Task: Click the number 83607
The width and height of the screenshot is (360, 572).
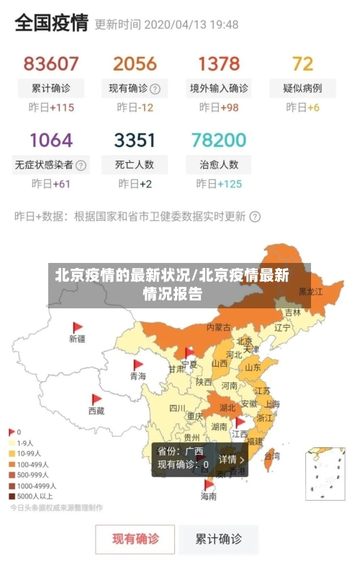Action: (x=50, y=64)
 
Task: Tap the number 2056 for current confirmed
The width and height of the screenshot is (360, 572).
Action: (x=135, y=64)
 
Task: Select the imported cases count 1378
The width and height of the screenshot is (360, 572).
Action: (x=219, y=64)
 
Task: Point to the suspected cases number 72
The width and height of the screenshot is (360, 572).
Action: (x=303, y=64)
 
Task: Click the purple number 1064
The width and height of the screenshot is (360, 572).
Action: (x=50, y=140)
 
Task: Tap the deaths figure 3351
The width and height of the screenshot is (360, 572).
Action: (x=135, y=140)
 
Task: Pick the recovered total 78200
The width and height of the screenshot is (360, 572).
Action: (x=219, y=140)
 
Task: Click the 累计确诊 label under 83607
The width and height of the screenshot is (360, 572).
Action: (x=50, y=89)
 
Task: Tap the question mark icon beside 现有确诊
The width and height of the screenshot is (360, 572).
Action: (x=155, y=89)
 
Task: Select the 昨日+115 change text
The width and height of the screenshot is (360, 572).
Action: (x=50, y=108)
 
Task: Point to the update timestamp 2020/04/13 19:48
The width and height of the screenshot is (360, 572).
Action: (x=192, y=24)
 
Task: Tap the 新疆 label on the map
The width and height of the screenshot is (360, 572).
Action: (x=77, y=338)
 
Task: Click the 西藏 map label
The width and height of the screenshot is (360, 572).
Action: (x=96, y=411)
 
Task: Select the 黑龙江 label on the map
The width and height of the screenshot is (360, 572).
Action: (x=311, y=292)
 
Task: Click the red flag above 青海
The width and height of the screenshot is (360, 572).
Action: (x=138, y=365)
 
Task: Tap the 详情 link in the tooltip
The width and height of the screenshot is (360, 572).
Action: (x=231, y=459)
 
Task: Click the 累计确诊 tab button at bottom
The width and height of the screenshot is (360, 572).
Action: (x=220, y=539)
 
